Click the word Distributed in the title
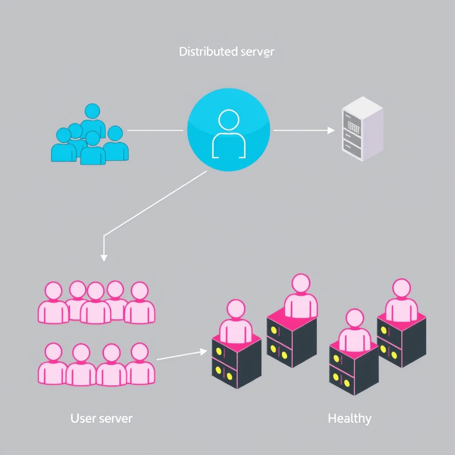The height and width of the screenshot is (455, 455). pyautogui.click(x=201, y=52)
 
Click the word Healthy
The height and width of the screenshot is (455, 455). pyautogui.click(x=349, y=418)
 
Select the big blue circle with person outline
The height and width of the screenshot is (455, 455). pyautogui.click(x=228, y=130)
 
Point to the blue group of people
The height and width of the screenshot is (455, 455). pyautogui.click(x=90, y=135)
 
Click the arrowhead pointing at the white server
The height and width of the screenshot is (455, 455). pyautogui.click(x=331, y=130)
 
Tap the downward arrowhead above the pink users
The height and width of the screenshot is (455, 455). pyautogui.click(x=104, y=257)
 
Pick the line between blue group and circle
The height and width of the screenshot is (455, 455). pyautogui.click(x=155, y=130)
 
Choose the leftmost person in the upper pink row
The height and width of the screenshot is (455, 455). pyautogui.click(x=53, y=304)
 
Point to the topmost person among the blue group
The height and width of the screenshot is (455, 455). pyautogui.click(x=92, y=117)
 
